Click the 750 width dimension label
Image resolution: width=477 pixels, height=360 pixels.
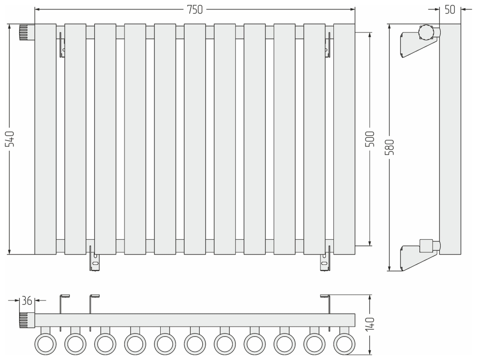195,10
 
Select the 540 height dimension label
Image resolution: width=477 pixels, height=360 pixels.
10,139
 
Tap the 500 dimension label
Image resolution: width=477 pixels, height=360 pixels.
370,139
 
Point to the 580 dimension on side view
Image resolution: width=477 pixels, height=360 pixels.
390,147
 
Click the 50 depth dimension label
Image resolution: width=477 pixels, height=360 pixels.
450,10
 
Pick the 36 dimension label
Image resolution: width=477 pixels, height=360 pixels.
27,301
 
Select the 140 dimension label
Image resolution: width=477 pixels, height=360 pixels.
370,324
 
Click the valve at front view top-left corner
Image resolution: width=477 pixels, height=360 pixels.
27,32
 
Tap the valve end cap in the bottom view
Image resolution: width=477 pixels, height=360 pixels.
27,320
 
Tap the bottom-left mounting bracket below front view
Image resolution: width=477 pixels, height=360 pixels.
94,258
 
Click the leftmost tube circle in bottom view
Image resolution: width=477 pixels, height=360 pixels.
46,344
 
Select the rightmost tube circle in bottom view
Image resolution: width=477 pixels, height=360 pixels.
344,344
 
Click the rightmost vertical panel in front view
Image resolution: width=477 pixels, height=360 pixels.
344,139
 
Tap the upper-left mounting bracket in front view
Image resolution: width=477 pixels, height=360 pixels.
62,44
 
